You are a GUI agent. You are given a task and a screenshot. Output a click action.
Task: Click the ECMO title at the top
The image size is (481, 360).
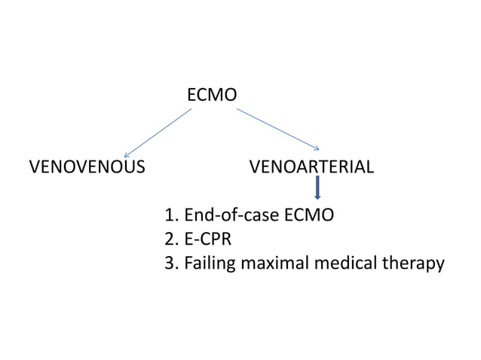(211, 96)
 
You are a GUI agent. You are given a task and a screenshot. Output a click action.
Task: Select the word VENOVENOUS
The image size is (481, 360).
(87, 166)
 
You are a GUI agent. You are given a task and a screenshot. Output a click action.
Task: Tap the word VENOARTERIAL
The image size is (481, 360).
(311, 166)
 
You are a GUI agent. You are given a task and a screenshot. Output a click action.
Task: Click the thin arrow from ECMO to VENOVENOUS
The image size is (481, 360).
(158, 133)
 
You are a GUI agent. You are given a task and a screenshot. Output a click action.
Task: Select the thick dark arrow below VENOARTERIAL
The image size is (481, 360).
(317, 188)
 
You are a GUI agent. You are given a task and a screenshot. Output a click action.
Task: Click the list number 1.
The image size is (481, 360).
(170, 217)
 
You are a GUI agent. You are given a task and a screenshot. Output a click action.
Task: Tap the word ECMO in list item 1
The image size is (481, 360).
(311, 217)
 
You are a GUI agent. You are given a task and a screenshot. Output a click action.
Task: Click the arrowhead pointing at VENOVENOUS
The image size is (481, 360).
(127, 154)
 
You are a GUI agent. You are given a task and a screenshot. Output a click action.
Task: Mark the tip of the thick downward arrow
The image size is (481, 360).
(317, 200)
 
